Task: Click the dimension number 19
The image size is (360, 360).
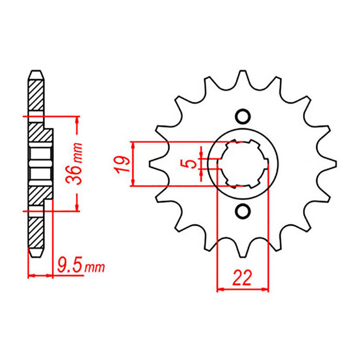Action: [x=121, y=164]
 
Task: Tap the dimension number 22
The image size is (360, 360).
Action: [x=242, y=278]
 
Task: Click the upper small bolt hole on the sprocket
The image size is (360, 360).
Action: [x=243, y=115]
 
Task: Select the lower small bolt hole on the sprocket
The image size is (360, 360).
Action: [x=243, y=211]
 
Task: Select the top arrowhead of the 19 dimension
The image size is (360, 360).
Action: [x=133, y=145]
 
